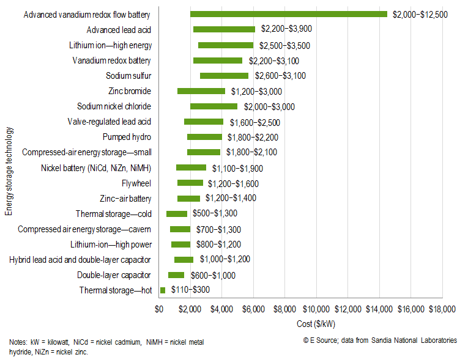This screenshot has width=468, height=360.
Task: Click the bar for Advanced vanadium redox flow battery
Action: pos(289,14)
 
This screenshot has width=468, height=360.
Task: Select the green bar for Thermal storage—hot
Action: pos(163,290)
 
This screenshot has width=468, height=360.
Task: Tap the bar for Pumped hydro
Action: pos(204,137)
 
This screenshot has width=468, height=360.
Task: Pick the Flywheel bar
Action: pos(190,183)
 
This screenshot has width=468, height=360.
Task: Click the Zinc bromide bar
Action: pos(201,91)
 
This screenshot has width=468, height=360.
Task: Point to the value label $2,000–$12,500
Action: pos(422,14)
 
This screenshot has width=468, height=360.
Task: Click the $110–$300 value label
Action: pos(190,290)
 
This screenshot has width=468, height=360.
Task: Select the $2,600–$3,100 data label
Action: pos(280,76)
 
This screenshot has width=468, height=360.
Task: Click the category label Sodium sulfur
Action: pos(128,76)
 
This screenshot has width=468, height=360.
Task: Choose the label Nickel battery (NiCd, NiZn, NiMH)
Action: pos(96,168)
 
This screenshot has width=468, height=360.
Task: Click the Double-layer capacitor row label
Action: pos(114,275)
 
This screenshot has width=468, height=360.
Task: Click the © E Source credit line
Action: pos(380,340)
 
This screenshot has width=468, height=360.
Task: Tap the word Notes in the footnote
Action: pos(18,342)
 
